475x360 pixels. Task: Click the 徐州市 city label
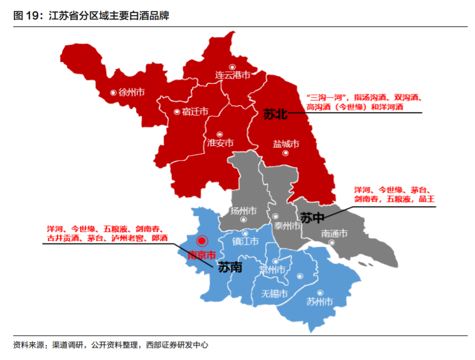[x=131, y=92]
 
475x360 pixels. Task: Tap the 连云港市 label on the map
[x=233, y=75]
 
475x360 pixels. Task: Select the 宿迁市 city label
[x=195, y=112]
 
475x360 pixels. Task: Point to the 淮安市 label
[x=220, y=143]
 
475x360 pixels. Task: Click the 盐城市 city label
[x=285, y=144]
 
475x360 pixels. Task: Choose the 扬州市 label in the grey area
[x=243, y=210]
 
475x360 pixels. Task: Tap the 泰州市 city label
[x=287, y=226]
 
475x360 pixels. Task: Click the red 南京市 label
[x=202, y=255]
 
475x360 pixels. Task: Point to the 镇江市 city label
[x=245, y=242]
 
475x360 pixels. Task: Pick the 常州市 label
[x=272, y=270]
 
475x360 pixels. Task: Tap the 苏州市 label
[x=319, y=301]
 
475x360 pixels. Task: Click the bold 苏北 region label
[x=275, y=114]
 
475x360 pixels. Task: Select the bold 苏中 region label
[x=312, y=218]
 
